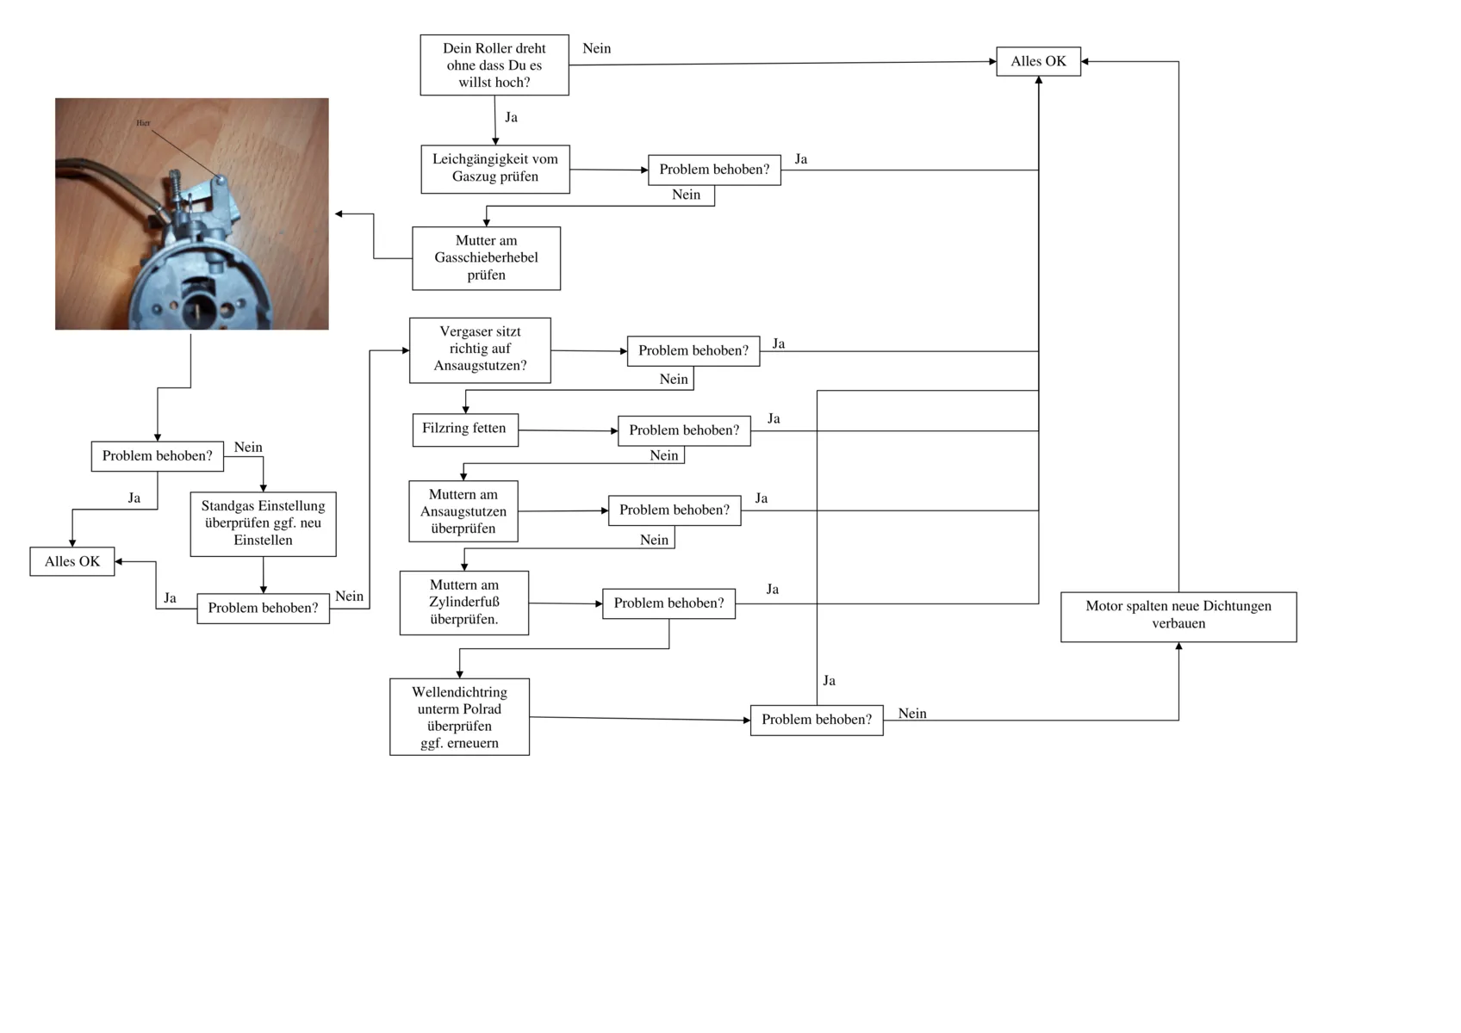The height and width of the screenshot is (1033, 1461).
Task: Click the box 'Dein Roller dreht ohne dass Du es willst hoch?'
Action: point(494,65)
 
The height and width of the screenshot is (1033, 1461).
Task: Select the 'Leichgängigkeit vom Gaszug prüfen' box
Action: point(494,169)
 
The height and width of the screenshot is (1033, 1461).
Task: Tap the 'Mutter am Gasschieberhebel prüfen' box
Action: point(486,258)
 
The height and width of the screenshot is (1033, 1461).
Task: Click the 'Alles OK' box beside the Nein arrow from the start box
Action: point(1038,61)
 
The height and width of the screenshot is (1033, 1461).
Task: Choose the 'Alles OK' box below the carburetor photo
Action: point(72,561)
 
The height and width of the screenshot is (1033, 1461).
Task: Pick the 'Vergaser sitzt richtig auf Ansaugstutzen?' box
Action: point(480,349)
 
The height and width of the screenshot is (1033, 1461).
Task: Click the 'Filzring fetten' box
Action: point(465,429)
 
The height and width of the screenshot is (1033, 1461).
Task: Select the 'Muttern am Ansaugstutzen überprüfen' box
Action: point(463,511)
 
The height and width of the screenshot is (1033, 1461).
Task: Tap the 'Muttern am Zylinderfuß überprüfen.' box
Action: point(463,603)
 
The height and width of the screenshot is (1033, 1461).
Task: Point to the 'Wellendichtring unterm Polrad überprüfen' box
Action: point(459,717)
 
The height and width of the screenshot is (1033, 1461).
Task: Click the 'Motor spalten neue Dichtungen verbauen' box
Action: point(1178,616)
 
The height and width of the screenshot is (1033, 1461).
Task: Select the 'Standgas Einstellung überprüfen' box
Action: point(263,523)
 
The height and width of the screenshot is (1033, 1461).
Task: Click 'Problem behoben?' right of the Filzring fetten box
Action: point(684,430)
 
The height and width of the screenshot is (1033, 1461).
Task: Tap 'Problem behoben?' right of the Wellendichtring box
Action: point(816,720)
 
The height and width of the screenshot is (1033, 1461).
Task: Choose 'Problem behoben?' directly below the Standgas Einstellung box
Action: point(263,608)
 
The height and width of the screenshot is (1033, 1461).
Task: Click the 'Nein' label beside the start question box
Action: point(596,48)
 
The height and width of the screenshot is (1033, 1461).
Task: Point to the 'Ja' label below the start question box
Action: point(511,117)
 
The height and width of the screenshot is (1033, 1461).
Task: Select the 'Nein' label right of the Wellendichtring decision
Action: point(912,713)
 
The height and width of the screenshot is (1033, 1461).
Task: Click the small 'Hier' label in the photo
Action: point(143,123)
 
